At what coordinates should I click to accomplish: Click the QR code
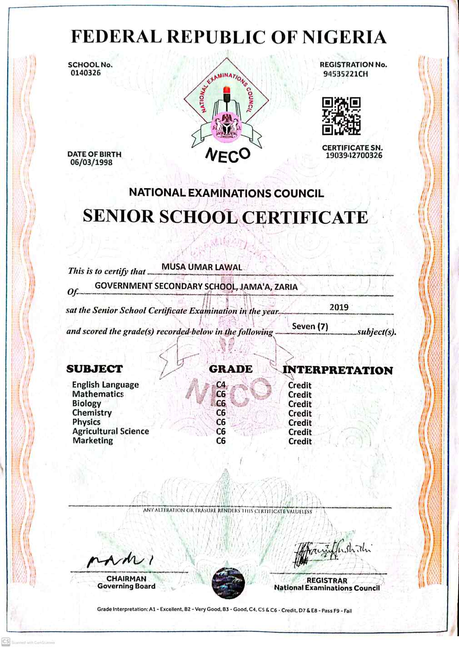(341, 116)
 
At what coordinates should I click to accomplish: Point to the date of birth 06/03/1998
(91, 163)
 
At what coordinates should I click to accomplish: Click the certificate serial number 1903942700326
(354, 156)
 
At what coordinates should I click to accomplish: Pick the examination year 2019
(339, 307)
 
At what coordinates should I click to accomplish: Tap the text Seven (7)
(310, 326)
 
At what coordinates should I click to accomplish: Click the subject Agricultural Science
(110, 431)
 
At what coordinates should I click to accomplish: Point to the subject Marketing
(93, 440)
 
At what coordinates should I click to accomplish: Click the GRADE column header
(230, 369)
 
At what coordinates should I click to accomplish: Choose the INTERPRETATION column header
(338, 370)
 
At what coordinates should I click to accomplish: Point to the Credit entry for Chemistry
(300, 414)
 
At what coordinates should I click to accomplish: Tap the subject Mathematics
(98, 394)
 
